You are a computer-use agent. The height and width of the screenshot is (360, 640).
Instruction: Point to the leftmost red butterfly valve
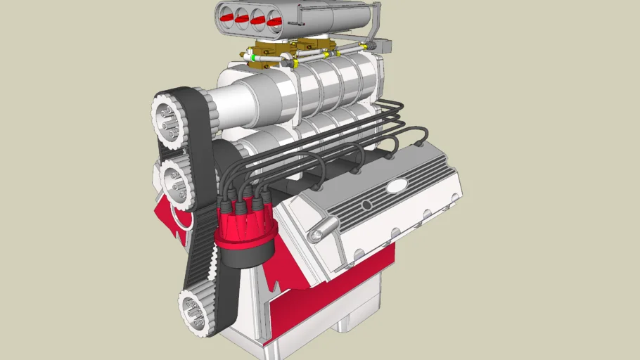[229, 12]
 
